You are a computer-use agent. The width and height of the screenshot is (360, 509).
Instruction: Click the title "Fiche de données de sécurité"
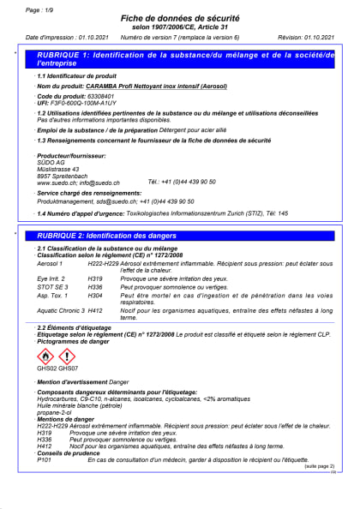pyautogui.click(x=179, y=20)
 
